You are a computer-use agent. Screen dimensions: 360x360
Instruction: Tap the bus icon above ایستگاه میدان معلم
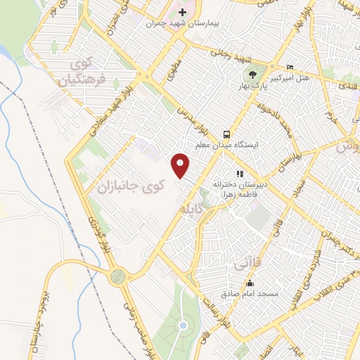click(226, 134)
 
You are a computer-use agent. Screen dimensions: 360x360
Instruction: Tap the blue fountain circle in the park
click(182, 325)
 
